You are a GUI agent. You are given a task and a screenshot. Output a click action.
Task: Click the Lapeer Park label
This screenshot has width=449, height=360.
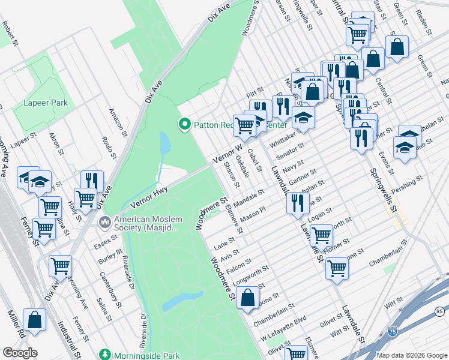click(46, 103)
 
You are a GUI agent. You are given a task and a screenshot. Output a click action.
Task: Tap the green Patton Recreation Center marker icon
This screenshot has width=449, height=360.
click(185, 125)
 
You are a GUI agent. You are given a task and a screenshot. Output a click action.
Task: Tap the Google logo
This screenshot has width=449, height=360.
click(20, 353)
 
